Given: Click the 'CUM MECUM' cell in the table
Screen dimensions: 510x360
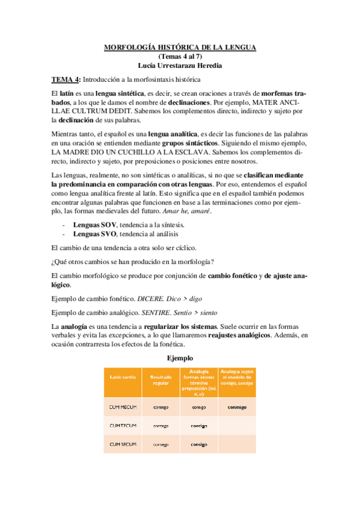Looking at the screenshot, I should point(123,407).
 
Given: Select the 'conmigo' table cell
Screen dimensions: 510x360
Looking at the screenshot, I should point(237,407).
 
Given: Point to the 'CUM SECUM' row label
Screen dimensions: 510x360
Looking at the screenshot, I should point(123,444).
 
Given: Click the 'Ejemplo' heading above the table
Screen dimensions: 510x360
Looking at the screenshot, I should point(179,358).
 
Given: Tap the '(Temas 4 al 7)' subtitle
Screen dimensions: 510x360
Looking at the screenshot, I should point(180,55).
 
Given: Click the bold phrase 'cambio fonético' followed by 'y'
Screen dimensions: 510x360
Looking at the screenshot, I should point(234,275).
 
